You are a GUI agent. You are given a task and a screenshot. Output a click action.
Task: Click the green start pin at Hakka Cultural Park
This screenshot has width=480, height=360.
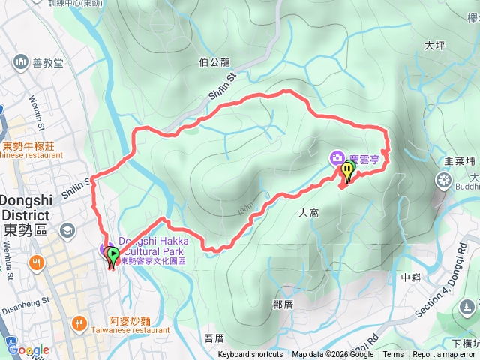tap(113, 257)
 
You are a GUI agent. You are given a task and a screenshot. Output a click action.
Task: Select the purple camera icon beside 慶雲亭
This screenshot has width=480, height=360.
tap(337, 157)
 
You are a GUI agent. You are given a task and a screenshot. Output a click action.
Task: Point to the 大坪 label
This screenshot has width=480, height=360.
tap(435, 45)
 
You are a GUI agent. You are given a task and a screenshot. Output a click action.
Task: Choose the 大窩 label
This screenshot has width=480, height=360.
tap(309, 213)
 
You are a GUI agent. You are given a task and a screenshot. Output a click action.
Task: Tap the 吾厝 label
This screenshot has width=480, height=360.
tap(214, 338)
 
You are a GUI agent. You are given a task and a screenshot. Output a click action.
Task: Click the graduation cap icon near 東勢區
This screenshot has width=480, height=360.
tap(67, 229)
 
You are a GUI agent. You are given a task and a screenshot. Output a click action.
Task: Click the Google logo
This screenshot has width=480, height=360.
tap(28, 349)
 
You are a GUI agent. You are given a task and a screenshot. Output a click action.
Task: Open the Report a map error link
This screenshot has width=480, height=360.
tap(443, 355)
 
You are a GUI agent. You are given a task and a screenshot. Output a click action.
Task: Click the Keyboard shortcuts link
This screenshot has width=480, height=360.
tap(250, 355)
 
